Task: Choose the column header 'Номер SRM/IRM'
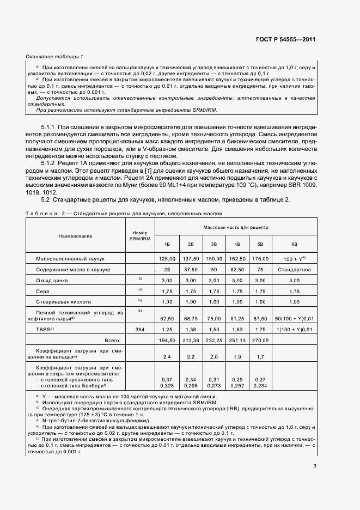click(x=139, y=236)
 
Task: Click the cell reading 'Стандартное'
click(x=294, y=270)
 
